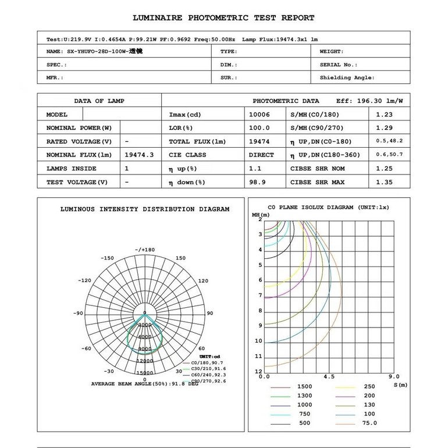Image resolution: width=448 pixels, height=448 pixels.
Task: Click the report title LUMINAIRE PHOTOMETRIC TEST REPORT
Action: tap(223, 18)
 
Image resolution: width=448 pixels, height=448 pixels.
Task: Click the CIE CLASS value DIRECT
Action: tap(261, 155)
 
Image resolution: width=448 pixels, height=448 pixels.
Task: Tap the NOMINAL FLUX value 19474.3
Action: tap(139, 155)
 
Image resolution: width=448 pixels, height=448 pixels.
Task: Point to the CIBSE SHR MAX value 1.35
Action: tap(384, 182)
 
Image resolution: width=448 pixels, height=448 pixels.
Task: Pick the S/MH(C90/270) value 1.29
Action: tap(384, 128)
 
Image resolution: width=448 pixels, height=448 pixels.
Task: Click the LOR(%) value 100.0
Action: tap(259, 128)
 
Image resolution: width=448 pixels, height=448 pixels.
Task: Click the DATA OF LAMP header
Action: tap(99, 101)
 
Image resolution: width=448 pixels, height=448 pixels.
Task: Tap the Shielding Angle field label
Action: tap(347, 77)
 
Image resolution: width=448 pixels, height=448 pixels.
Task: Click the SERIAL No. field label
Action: tap(339, 65)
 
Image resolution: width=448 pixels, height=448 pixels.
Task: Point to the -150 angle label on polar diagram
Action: tap(107, 258)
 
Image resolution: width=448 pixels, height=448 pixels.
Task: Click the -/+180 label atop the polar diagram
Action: tap(145, 250)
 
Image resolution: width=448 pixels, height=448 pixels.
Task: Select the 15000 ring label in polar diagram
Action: tap(145, 372)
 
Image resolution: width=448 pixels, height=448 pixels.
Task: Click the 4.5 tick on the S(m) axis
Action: tap(329, 376)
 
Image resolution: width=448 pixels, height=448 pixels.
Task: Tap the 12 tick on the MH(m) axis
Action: tap(258, 371)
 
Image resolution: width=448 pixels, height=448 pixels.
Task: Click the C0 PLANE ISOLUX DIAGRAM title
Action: tap(328, 207)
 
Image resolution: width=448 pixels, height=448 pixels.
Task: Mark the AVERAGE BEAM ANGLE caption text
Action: tap(145, 384)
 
